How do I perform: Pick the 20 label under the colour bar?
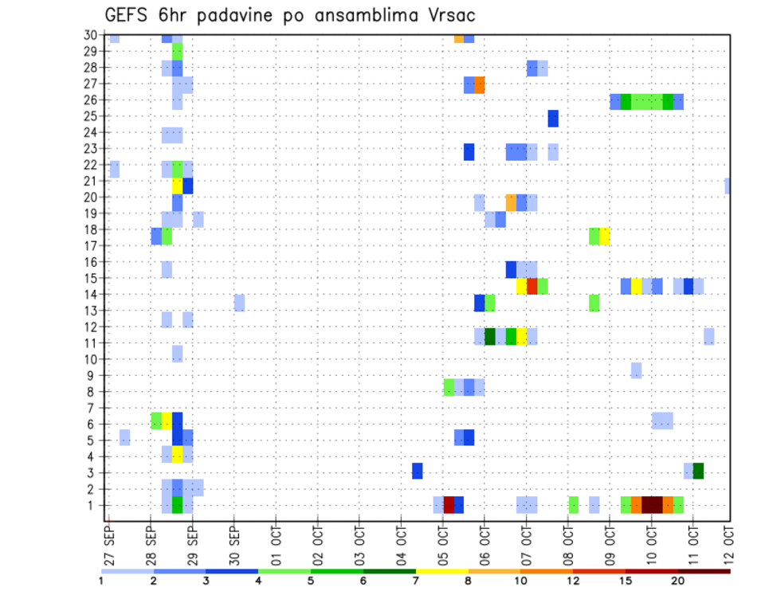pos(677,581)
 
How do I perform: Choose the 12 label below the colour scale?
pos(573,581)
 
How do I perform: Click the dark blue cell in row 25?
pos(553,118)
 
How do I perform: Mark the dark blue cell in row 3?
pos(418,471)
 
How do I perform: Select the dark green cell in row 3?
pos(698,471)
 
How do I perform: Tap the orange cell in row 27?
pos(480,85)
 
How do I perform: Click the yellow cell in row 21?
pos(178,186)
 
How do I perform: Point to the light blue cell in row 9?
pos(636,370)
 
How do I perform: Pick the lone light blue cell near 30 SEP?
pos(239,303)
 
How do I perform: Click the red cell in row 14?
pos(532,286)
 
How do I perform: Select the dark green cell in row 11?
pos(490,336)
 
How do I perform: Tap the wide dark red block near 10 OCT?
pos(652,505)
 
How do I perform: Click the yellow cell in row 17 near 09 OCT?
pos(605,236)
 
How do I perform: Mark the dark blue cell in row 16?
pos(512,269)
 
